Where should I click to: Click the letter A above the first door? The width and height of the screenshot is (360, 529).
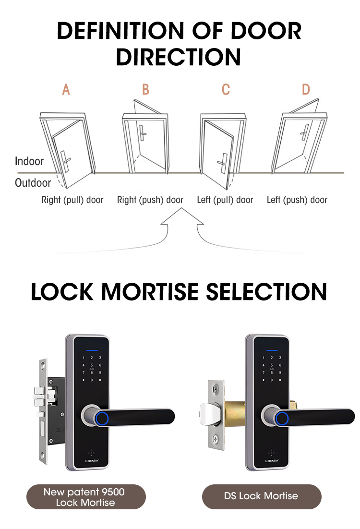click(x=66, y=90)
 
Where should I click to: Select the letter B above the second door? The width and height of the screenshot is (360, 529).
click(x=145, y=90)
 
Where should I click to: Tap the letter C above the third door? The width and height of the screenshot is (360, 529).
click(x=226, y=90)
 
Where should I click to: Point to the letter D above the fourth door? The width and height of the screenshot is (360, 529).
click(x=306, y=90)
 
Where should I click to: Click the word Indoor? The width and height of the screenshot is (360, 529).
click(x=29, y=161)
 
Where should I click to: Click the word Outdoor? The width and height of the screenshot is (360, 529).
click(x=33, y=183)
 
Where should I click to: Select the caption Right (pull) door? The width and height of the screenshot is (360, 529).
click(x=72, y=200)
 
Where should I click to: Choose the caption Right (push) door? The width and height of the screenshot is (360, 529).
click(x=150, y=200)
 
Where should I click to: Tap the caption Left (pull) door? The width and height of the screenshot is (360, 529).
click(x=225, y=200)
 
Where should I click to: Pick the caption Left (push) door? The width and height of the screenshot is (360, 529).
click(x=297, y=200)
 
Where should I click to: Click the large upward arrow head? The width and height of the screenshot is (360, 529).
click(x=182, y=217)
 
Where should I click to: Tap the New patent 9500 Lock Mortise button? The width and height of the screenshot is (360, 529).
click(x=86, y=497)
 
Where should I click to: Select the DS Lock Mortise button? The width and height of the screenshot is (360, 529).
click(x=262, y=497)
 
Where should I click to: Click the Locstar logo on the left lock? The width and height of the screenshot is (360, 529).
click(x=92, y=460)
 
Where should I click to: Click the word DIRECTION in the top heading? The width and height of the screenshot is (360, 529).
click(x=179, y=57)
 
